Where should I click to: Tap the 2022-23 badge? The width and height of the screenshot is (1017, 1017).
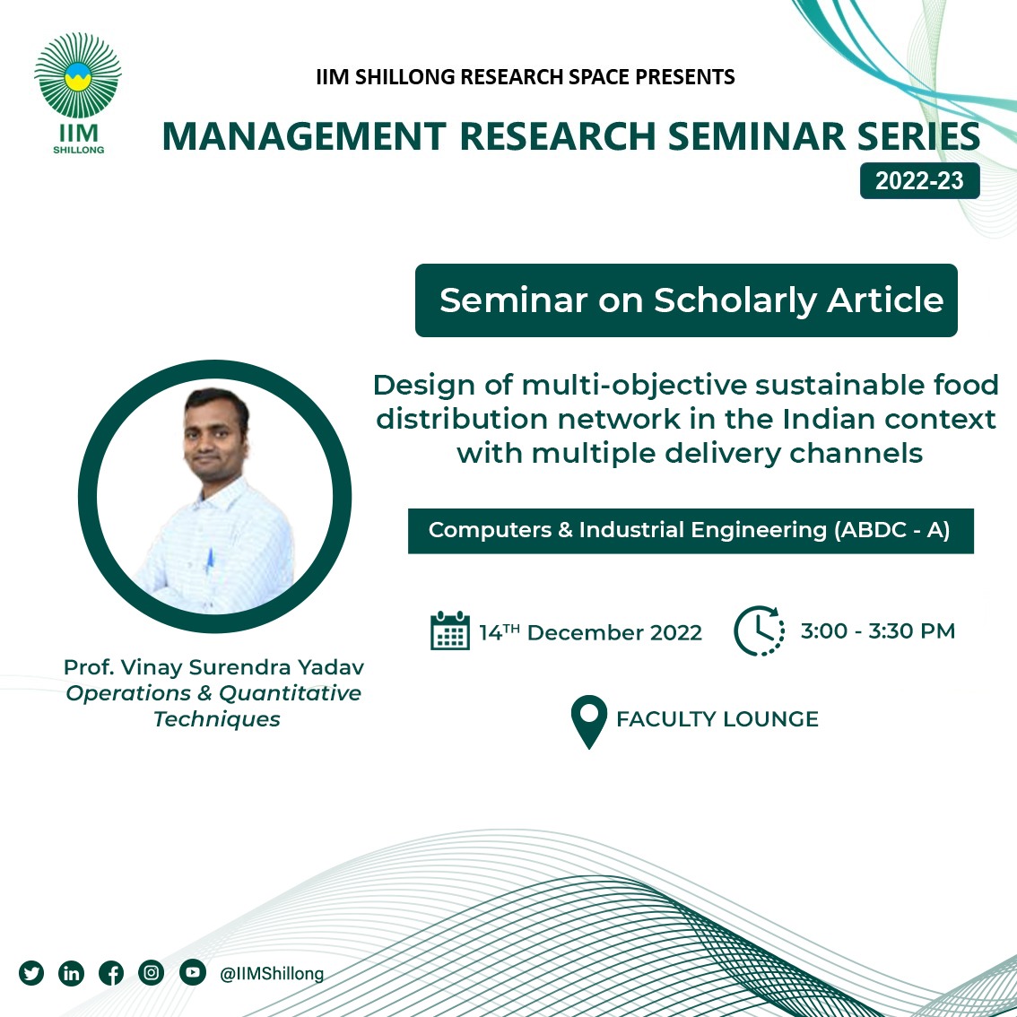pos(919,181)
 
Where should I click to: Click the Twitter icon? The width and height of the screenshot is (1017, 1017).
pos(31,973)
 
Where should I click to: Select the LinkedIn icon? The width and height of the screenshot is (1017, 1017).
pos(72,973)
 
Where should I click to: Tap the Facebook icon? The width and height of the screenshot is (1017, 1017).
pos(111,973)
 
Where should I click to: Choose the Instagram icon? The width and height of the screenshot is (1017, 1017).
pos(152,972)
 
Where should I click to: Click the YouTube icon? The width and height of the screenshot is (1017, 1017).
pos(193,972)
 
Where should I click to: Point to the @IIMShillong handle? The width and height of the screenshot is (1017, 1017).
pos(272,974)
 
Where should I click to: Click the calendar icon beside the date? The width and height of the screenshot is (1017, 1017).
pos(450,630)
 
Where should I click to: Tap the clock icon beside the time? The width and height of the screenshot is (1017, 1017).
pos(759,630)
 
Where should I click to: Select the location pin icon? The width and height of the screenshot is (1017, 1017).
pos(589,721)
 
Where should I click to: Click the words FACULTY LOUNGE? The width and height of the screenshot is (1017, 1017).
pos(717,719)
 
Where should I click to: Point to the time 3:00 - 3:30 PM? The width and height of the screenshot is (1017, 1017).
pos(878,630)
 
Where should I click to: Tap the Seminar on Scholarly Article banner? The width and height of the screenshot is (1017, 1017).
pos(686,300)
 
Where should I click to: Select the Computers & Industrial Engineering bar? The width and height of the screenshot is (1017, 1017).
pos(691,531)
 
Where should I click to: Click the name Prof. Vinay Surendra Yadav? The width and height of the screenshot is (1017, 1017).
pos(214,667)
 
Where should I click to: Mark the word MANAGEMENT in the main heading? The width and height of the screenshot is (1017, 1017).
pos(304,136)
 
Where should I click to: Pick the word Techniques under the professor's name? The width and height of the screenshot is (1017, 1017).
pos(217,719)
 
